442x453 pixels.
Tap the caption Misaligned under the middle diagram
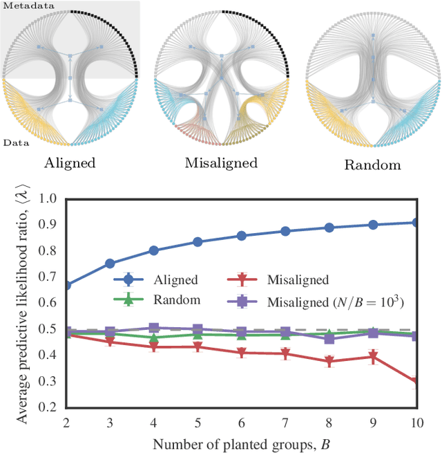coord(221,164)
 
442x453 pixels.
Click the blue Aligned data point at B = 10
coord(416,222)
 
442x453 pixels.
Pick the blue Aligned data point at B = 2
coord(66,285)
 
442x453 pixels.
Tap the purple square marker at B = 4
coord(154,329)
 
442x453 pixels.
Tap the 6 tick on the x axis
coord(242,423)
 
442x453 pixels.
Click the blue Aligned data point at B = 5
coord(198,242)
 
